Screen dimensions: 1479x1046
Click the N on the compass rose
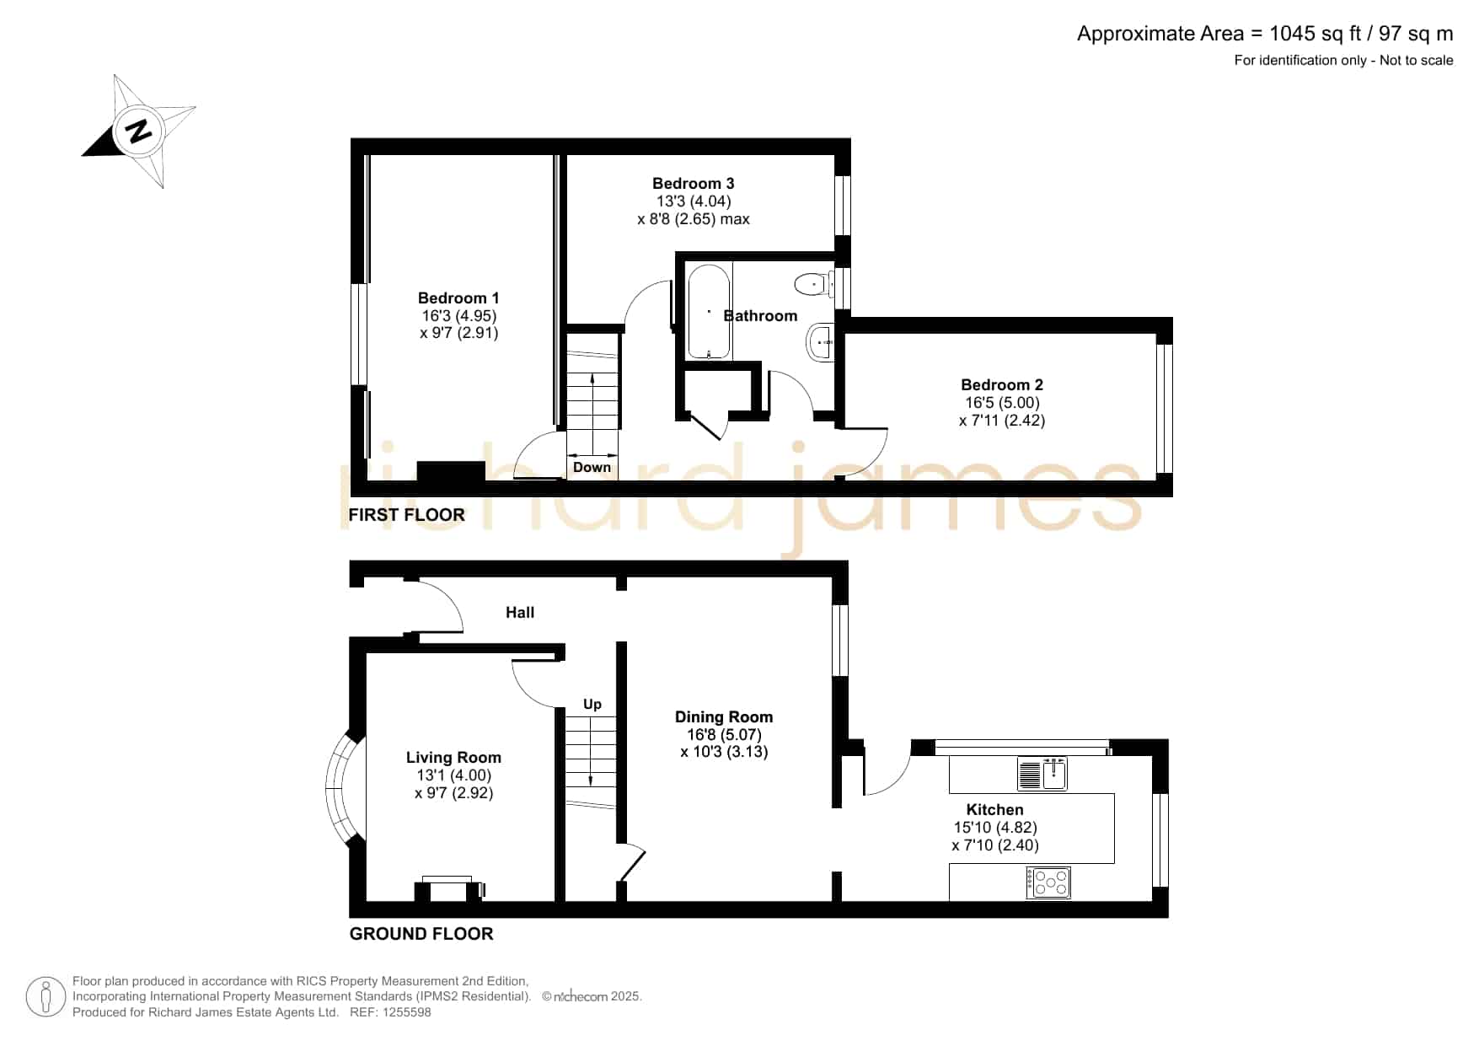pyautogui.click(x=138, y=131)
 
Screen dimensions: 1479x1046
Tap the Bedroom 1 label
pyautogui.click(x=458, y=298)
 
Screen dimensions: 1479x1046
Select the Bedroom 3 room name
pyautogui.click(x=693, y=183)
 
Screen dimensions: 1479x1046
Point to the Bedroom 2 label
pyautogui.click(x=1001, y=384)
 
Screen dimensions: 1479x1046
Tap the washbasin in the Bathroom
pyautogui.click(x=820, y=342)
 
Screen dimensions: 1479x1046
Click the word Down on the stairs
pyautogui.click(x=592, y=467)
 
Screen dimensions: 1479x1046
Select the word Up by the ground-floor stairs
pyautogui.click(x=592, y=704)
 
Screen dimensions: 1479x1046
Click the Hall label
pyautogui.click(x=520, y=612)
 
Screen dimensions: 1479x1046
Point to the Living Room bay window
pyautogui.click(x=342, y=786)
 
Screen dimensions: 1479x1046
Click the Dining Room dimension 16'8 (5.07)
pyautogui.click(x=724, y=734)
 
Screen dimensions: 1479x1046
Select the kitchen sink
pyautogui.click(x=1042, y=774)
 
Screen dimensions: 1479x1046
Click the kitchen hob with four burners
pyautogui.click(x=1048, y=882)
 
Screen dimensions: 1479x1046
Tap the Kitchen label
pyautogui.click(x=994, y=809)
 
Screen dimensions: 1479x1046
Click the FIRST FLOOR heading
pyautogui.click(x=406, y=514)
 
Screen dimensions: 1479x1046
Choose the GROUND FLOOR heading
pyautogui.click(x=421, y=933)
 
